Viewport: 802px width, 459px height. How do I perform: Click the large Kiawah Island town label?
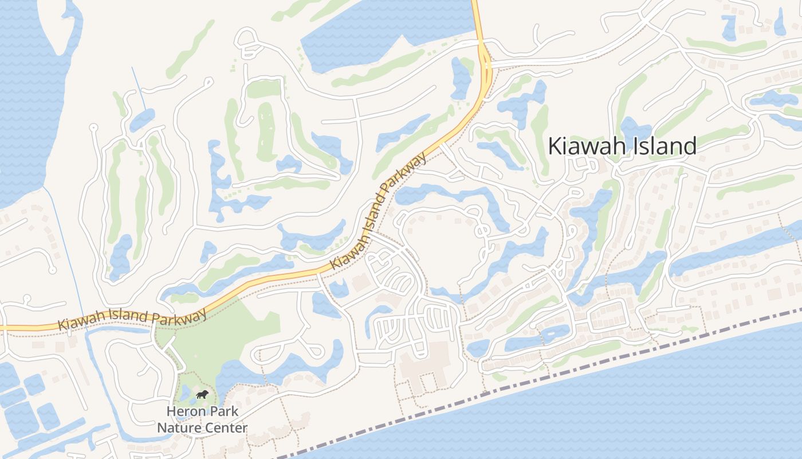622,146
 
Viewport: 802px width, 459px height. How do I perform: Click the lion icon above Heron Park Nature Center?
202,394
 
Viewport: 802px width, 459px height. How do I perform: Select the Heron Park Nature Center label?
202,419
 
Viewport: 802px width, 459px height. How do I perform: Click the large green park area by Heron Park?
223,339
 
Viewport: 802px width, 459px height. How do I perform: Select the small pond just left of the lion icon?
184,394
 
